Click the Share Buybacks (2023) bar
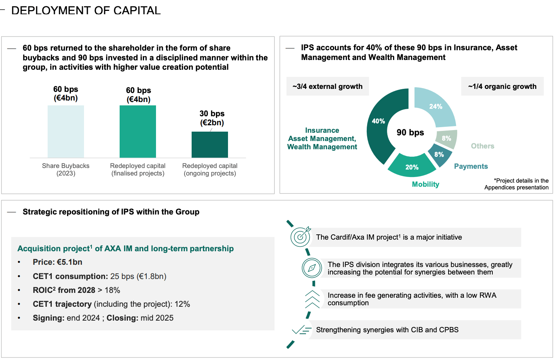66,131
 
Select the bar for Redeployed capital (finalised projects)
138,131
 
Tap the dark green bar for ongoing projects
210,144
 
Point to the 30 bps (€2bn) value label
212,118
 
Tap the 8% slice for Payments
439,154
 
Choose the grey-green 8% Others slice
447,138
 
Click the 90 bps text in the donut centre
410,132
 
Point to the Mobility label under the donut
425,184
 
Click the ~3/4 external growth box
327,86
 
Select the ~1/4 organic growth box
502,86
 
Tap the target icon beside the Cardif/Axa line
301,237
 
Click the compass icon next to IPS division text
312,268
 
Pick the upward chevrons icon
312,299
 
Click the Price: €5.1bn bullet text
57,262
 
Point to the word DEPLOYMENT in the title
51,10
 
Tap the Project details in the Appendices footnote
516,184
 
